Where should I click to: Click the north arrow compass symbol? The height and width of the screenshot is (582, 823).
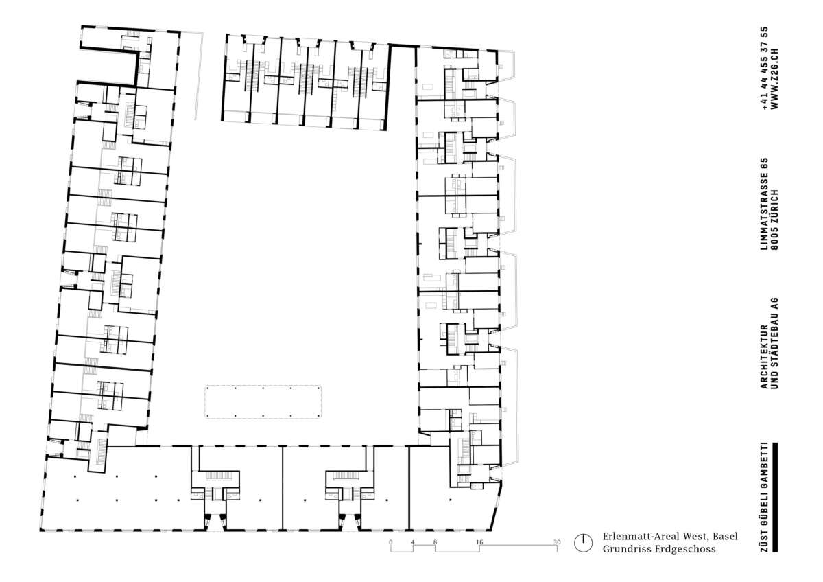(583, 543)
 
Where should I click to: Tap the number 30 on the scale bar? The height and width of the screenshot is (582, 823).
(557, 542)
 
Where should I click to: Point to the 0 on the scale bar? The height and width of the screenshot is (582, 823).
(390, 542)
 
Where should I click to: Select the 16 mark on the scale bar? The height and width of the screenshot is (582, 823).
(479, 542)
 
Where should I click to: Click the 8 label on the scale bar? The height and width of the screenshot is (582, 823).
(435, 542)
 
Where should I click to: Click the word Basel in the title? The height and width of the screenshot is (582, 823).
(726, 537)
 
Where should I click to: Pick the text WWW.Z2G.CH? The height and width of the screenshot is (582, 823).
(775, 79)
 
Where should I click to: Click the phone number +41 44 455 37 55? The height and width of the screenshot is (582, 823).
(765, 69)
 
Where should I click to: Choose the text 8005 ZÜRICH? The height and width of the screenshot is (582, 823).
(775, 220)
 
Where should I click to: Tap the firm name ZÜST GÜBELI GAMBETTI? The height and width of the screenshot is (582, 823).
(765, 497)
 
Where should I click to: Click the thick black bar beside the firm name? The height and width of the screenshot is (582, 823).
(775, 497)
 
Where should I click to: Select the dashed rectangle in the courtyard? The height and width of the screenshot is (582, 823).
(263, 402)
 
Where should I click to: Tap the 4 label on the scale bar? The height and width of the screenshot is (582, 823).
(413, 542)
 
